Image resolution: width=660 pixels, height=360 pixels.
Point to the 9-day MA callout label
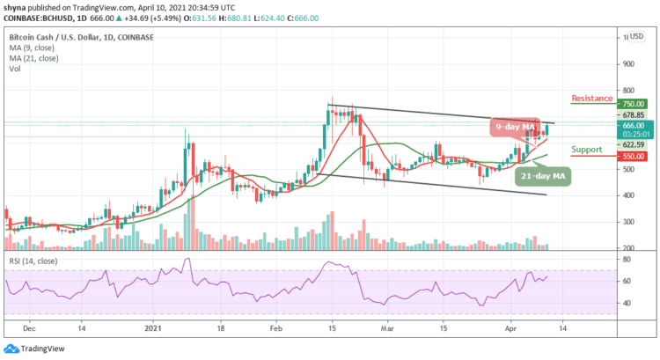[515, 128]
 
